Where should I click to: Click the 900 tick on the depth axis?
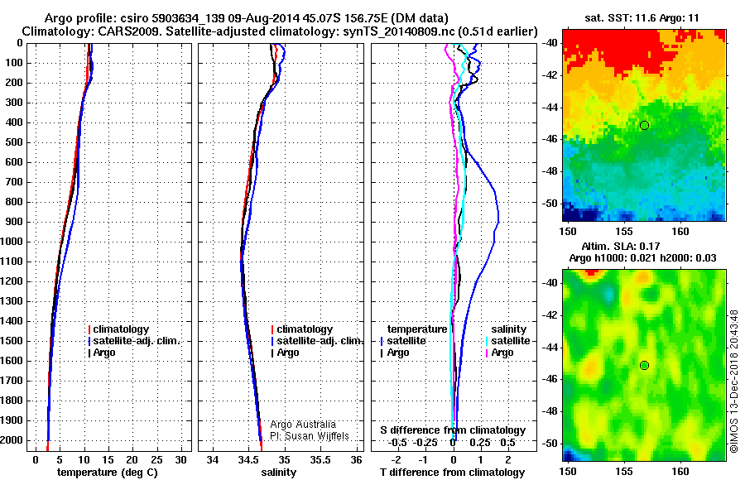tap(13, 222)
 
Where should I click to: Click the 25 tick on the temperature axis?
tap(156, 460)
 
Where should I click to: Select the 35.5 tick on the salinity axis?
tap(320, 460)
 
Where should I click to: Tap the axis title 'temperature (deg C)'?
tap(108, 473)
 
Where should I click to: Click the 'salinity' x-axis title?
tap(279, 473)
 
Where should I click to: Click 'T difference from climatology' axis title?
tap(452, 473)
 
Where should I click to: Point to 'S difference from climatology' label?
tap(453, 430)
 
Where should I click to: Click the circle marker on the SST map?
tap(644, 126)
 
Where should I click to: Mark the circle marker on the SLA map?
tap(644, 366)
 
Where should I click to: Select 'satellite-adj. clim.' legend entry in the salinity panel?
tap(317, 341)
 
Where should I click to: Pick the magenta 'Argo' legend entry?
tap(500, 353)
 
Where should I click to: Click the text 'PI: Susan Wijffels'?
tap(310, 436)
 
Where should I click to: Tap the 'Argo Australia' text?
tap(303, 425)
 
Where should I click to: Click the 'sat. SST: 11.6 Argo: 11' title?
tap(642, 18)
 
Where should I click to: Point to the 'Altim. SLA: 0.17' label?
tap(621, 246)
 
